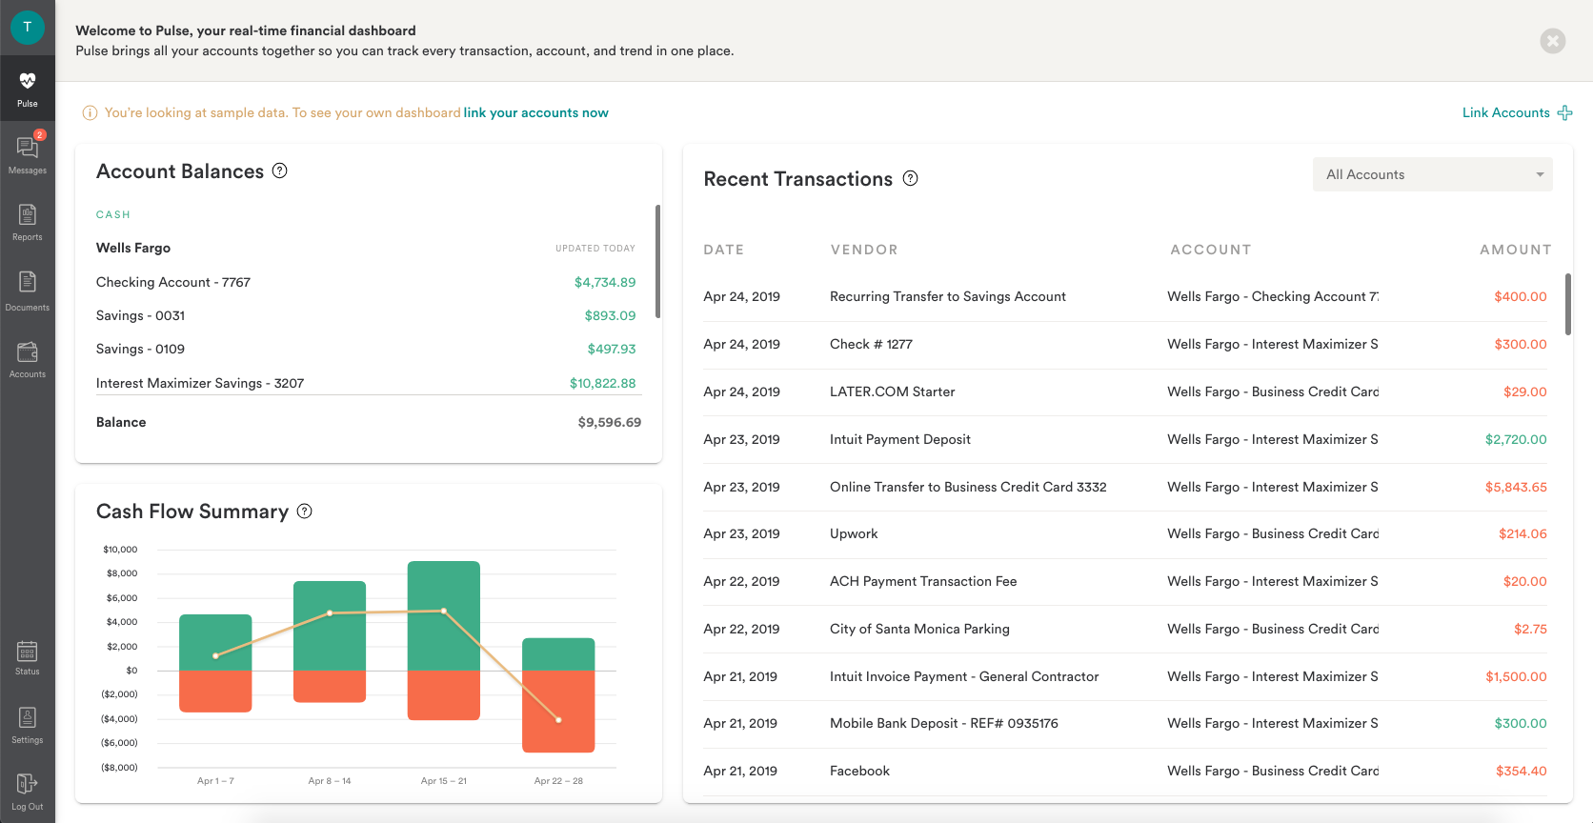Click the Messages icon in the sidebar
[x=27, y=149]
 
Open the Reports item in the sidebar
[x=27, y=215]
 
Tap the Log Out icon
[x=27, y=784]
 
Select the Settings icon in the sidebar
[x=27, y=717]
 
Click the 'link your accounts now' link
[x=535, y=112]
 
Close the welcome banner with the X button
[x=1552, y=41]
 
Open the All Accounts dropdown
[x=1432, y=174]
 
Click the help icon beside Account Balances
[x=279, y=171]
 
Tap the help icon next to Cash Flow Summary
[x=304, y=511]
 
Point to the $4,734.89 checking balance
[x=604, y=282]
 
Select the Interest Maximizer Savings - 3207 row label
[x=200, y=383]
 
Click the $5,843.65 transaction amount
[x=1515, y=487]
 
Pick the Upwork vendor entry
[x=854, y=533]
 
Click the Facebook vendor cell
[x=859, y=771]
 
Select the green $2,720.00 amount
[x=1515, y=439]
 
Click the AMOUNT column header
[x=1515, y=250]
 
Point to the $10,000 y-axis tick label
[x=120, y=550]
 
